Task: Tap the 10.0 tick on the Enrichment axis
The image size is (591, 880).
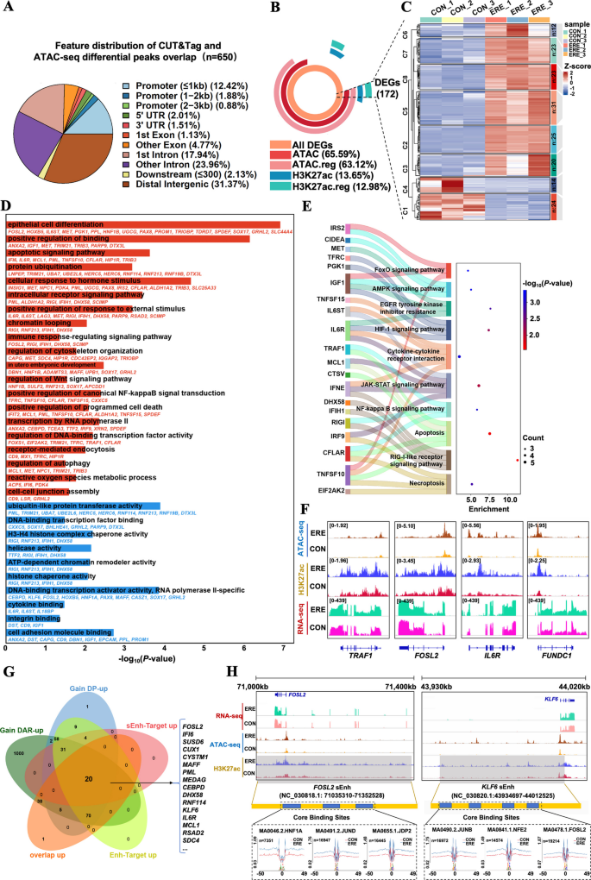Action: point(509,499)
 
